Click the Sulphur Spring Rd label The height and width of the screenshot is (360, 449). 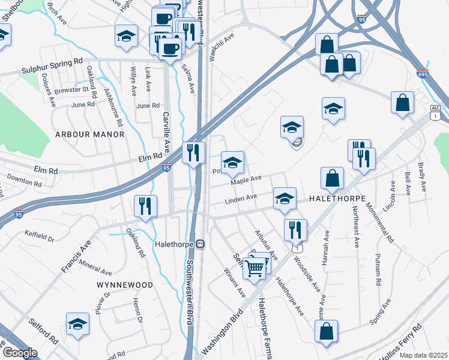55,61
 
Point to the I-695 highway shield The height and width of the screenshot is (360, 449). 421,74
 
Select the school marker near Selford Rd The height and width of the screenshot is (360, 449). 77,324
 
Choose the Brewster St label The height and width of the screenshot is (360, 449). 75,90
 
